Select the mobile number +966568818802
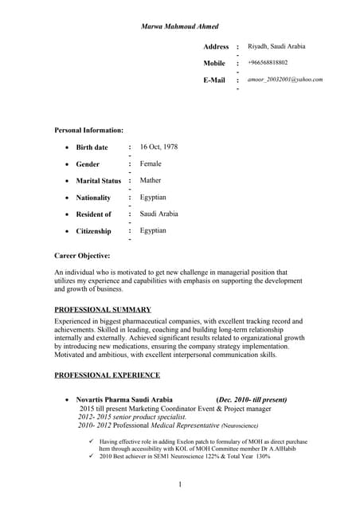tap(268, 63)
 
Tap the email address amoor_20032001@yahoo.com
tap(285, 80)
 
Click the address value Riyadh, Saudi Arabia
tap(276, 46)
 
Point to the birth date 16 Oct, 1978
tap(158, 147)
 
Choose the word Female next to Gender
tap(151, 163)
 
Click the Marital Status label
tap(98, 181)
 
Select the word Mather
tap(151, 180)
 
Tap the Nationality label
tap(93, 198)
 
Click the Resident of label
tap(93, 214)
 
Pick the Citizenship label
tap(93, 231)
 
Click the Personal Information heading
tap(88, 129)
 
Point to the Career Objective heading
tap(82, 255)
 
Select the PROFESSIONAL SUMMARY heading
tap(103, 309)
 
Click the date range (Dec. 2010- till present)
tap(252, 399)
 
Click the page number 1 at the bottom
tap(180, 485)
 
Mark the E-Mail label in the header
tap(214, 80)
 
